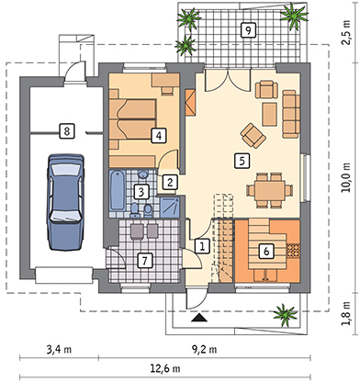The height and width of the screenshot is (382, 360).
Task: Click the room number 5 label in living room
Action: tap(241, 160)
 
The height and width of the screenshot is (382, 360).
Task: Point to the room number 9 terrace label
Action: tap(247, 30)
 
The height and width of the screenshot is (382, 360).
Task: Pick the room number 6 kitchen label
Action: tap(265, 249)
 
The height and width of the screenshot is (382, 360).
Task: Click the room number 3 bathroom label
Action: tap(140, 192)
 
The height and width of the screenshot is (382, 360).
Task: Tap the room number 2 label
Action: tap(171, 182)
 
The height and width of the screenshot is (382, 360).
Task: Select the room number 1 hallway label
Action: tap(201, 246)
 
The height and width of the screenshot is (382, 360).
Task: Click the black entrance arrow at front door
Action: tap(198, 319)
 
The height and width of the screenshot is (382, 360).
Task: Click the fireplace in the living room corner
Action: tap(190, 100)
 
